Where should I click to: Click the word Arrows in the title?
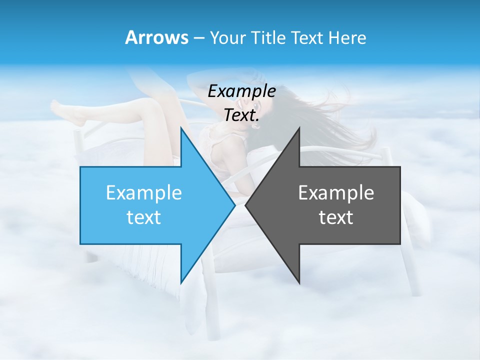pos(156,37)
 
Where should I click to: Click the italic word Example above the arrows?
pos(241,91)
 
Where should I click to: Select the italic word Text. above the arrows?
pos(241,115)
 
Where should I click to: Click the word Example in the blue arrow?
pos(144,192)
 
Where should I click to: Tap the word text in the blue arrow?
pos(144,217)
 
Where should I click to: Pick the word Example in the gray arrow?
pos(336,192)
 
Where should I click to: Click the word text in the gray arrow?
pos(336,217)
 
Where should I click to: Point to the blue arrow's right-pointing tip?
pos(234,205)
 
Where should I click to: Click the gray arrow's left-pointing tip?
pos(246,205)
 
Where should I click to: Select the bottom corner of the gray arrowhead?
pos(299,282)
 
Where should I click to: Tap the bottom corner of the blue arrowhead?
pos(181,283)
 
